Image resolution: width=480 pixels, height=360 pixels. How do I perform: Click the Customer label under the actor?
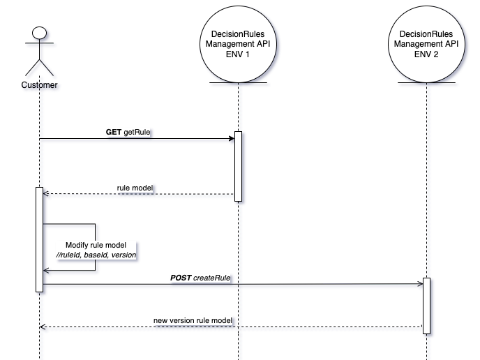pyautogui.click(x=39, y=85)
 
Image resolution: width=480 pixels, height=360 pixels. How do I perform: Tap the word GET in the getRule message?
pyautogui.click(x=114, y=131)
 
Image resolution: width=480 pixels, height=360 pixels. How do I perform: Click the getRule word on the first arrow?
pyautogui.click(x=137, y=131)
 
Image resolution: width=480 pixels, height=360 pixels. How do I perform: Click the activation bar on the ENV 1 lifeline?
pyautogui.click(x=238, y=166)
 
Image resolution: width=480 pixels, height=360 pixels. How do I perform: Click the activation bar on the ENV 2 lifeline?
pyautogui.click(x=426, y=305)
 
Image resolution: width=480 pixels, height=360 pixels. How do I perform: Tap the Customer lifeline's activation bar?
pyautogui.click(x=39, y=238)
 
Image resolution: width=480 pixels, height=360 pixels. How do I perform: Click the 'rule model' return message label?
pyautogui.click(x=135, y=188)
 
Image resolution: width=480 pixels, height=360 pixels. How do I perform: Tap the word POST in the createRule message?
pyautogui.click(x=181, y=277)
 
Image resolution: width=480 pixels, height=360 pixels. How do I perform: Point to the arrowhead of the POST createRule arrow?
pyautogui.click(x=420, y=284)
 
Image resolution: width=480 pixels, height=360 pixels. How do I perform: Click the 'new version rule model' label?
pyautogui.click(x=192, y=320)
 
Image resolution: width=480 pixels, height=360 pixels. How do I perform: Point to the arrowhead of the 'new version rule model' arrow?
pyautogui.click(x=42, y=327)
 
